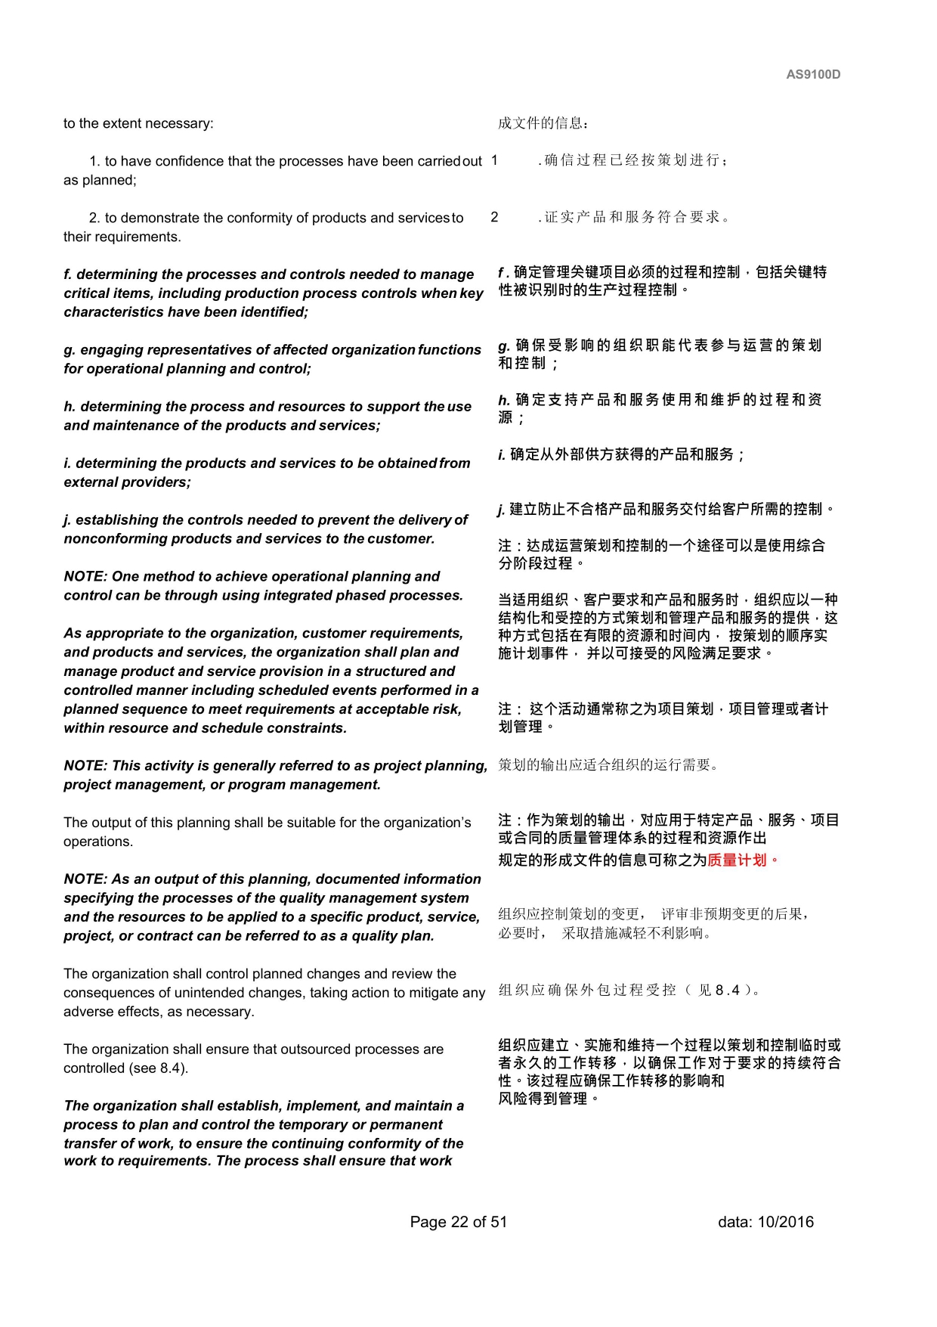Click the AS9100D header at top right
(x=813, y=74)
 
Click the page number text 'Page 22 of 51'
(x=458, y=1222)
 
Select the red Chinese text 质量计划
(x=737, y=860)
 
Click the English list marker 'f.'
(x=69, y=274)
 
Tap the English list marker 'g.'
(x=70, y=350)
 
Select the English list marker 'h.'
(x=70, y=407)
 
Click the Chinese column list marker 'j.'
(x=502, y=510)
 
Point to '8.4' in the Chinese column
(x=728, y=991)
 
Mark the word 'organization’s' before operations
(x=425, y=823)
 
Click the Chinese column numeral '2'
(x=494, y=218)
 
